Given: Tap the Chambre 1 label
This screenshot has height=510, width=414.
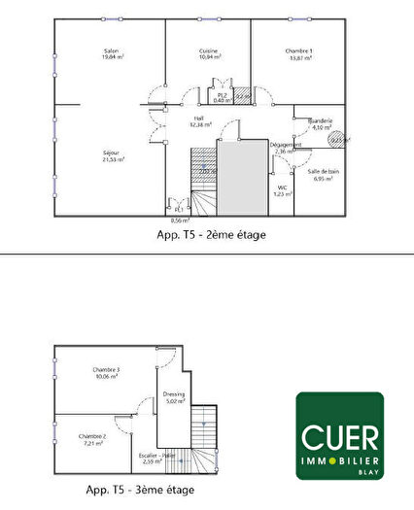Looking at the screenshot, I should click(297, 52).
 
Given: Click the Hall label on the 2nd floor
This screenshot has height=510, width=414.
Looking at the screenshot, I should click(198, 120).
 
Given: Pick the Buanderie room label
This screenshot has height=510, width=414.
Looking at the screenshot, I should click(321, 121).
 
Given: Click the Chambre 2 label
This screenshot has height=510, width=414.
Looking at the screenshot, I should click(93, 437).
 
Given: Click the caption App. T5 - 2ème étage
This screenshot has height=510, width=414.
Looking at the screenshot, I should click(211, 234).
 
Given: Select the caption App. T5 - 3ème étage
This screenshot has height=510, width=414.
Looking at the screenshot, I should click(142, 491).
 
